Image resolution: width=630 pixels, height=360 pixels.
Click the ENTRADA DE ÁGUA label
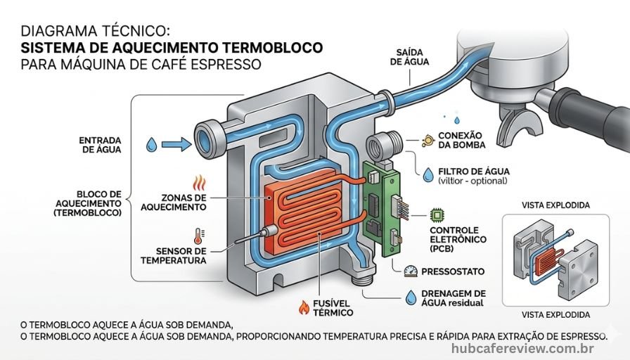point(100,144)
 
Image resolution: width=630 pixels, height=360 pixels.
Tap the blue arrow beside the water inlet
point(176,145)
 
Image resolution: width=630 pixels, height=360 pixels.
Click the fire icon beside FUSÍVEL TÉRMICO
point(304,307)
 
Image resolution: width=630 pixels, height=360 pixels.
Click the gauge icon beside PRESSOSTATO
point(411,271)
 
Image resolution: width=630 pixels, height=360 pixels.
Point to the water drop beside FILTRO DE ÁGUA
point(428,174)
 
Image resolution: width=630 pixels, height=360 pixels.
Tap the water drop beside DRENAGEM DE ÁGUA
point(411,297)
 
